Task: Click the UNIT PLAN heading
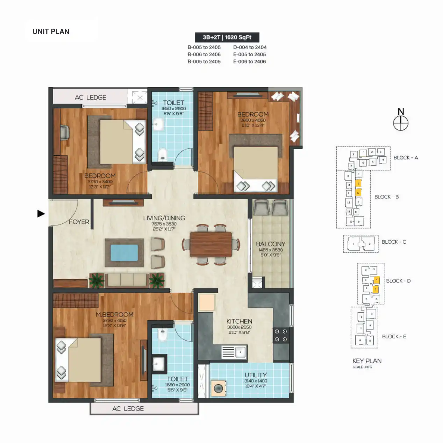click(x=51, y=31)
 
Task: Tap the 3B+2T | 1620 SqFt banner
click(x=227, y=37)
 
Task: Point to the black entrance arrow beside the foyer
click(x=41, y=213)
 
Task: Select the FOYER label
click(x=79, y=222)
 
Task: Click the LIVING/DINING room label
click(x=164, y=218)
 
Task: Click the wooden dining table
click(x=211, y=244)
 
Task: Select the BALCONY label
click(x=271, y=244)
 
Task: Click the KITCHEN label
click(x=239, y=321)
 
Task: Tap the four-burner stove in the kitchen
click(x=281, y=335)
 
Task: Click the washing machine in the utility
click(x=219, y=388)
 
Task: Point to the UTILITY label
click(x=256, y=375)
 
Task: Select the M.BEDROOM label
click(x=115, y=315)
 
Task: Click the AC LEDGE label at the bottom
click(x=128, y=409)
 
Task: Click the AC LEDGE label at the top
click(x=91, y=98)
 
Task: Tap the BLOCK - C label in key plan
click(x=394, y=242)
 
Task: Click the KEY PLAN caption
click(x=367, y=361)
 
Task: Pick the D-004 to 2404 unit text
click(x=250, y=47)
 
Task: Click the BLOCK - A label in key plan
click(x=406, y=158)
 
